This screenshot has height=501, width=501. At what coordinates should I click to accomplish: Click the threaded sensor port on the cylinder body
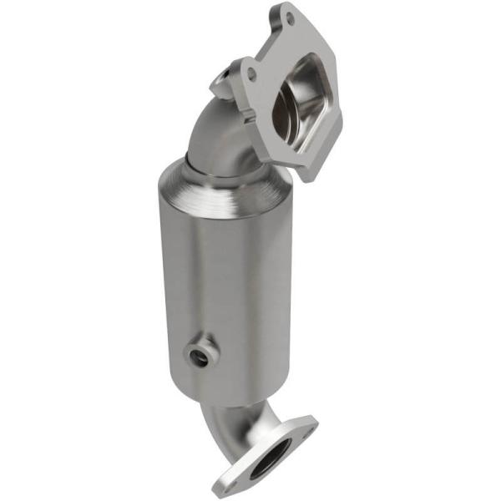coord(200,357)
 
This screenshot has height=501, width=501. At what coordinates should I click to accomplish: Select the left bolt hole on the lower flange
coord(227,483)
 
